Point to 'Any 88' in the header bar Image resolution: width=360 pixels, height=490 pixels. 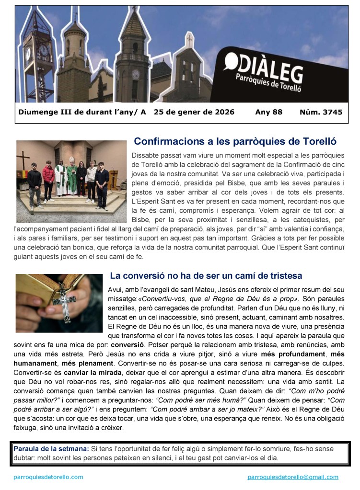click(269, 113)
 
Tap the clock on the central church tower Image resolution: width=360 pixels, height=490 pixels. click(136, 74)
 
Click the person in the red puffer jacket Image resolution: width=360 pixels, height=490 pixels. click(48, 177)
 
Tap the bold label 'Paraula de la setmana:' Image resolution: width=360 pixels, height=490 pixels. click(51, 449)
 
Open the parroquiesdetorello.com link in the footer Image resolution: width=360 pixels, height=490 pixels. click(48, 477)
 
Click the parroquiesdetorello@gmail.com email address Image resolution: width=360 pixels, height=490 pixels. click(293, 477)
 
